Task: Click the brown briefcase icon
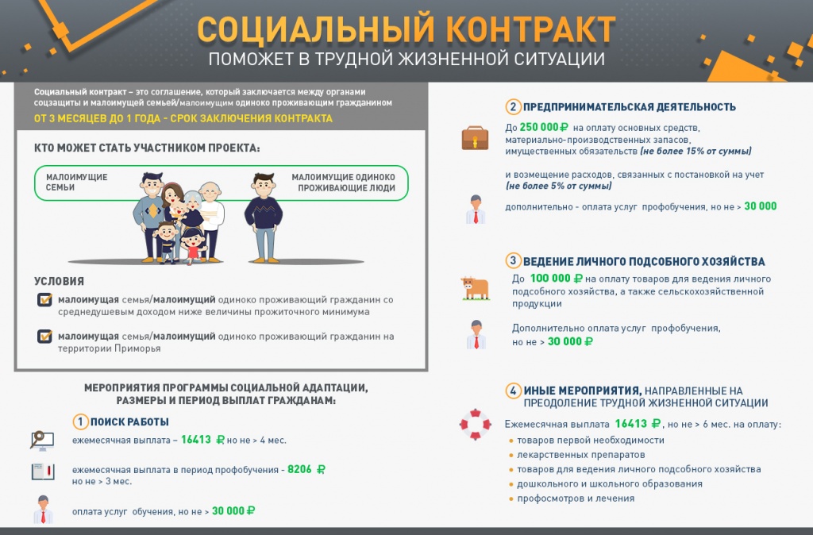coord(476,138)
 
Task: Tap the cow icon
coord(475,287)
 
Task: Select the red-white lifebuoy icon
coord(475,424)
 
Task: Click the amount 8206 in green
coord(300,469)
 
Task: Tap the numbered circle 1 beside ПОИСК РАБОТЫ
coord(80,421)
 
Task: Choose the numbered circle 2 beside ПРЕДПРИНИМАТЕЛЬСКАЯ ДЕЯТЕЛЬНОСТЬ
coord(514,107)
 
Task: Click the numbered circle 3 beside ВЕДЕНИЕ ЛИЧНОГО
coord(514,260)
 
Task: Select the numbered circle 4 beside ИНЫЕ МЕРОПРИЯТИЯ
coord(514,391)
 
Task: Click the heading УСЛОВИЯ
coord(59,281)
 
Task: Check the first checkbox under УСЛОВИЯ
coord(44,300)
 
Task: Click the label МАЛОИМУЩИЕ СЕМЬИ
coord(76,183)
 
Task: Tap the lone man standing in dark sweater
coord(263,216)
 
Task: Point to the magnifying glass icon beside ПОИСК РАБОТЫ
coord(40,439)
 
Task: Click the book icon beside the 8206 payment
coord(42,471)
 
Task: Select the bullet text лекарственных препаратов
coord(570,455)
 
